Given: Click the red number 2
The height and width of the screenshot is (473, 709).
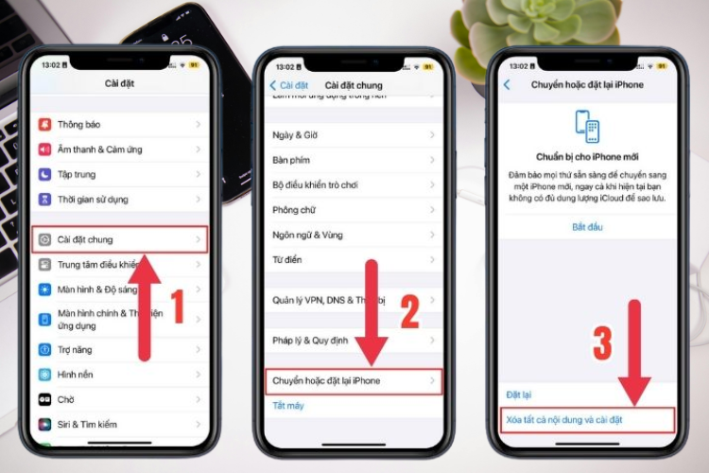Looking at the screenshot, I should pyautogui.click(x=408, y=311).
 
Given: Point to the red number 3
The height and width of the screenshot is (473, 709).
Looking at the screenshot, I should pyautogui.click(x=602, y=343).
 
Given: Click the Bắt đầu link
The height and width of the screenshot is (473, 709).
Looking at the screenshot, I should pyautogui.click(x=587, y=227).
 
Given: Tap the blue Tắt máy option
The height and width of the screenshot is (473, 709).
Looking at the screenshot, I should pyautogui.click(x=288, y=405).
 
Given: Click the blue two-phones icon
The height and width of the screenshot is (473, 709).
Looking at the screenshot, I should pyautogui.click(x=587, y=126).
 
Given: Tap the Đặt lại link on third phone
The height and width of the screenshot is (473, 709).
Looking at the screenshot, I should pyautogui.click(x=519, y=393).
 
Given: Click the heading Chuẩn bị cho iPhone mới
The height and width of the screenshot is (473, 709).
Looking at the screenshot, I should pyautogui.click(x=587, y=157).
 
